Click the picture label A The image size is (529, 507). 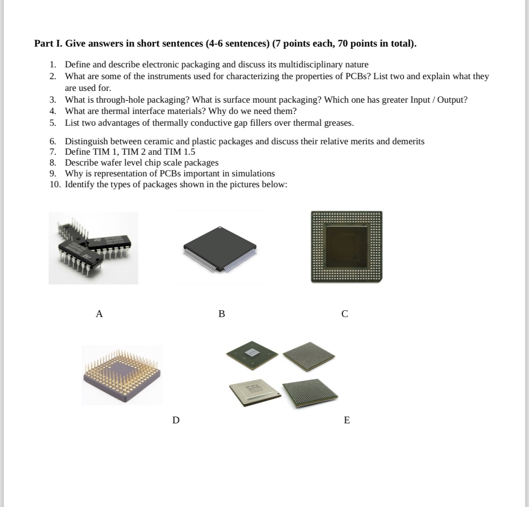pyautogui.click(x=99, y=313)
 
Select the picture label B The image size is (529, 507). pyautogui.click(x=222, y=313)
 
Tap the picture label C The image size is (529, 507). pyautogui.click(x=345, y=313)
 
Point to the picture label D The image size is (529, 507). pyautogui.click(x=176, y=420)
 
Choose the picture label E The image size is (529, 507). pyautogui.click(x=347, y=420)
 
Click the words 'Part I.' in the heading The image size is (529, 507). pyautogui.click(x=49, y=43)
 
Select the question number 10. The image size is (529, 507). pyautogui.click(x=55, y=185)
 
